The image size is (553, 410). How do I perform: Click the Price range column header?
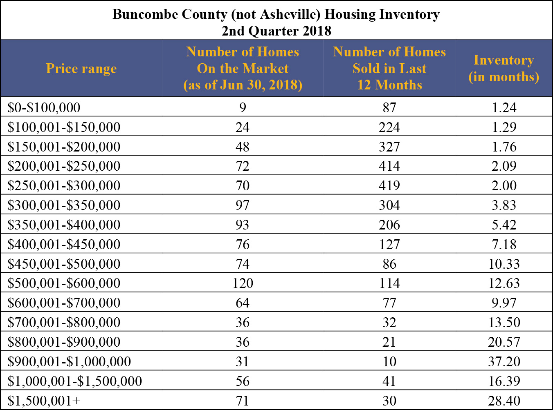click(81, 69)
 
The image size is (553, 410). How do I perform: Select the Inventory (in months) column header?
click(504, 69)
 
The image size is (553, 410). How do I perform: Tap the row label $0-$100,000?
click(44, 107)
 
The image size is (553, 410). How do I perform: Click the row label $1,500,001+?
click(44, 401)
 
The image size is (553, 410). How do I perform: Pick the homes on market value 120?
click(243, 283)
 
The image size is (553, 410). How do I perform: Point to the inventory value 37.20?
click(504, 361)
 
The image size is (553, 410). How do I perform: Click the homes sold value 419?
click(389, 185)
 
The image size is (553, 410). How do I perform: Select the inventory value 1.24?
click(504, 107)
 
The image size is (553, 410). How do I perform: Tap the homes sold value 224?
click(389, 127)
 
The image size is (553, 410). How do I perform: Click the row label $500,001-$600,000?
click(64, 283)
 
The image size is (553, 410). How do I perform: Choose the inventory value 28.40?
click(504, 401)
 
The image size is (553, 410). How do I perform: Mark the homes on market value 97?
click(243, 205)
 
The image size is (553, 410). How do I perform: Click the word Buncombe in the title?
click(145, 14)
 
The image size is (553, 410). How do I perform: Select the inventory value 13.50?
click(504, 322)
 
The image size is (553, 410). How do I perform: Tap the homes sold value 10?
click(389, 361)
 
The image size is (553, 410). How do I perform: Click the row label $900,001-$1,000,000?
click(69, 361)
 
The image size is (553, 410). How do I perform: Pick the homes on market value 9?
click(243, 107)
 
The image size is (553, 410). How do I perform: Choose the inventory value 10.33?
click(504, 264)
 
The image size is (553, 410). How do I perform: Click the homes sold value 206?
click(389, 225)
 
